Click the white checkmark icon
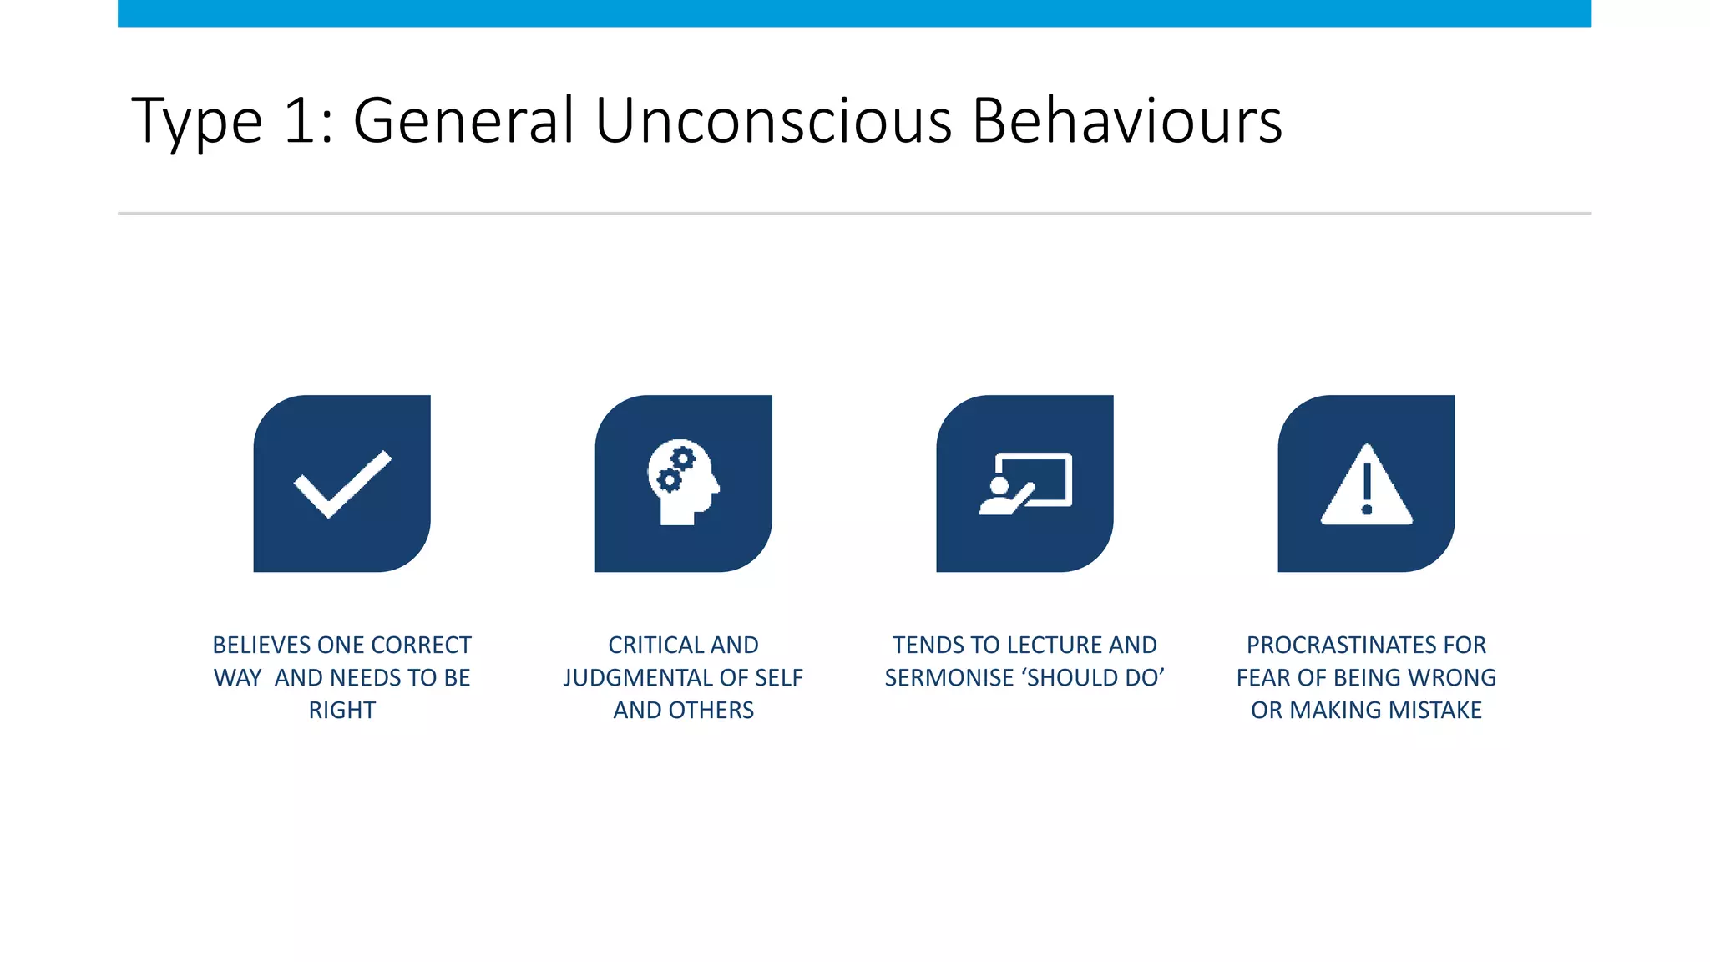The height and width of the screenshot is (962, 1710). (342, 484)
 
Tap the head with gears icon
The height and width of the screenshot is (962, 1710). (683, 482)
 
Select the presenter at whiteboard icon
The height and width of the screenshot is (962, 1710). (1025, 484)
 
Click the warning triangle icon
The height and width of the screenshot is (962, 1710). (1366, 486)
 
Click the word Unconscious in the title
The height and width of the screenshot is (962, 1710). (773, 121)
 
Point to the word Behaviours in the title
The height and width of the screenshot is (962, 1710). (1127, 121)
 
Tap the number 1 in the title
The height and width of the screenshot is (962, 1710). (299, 121)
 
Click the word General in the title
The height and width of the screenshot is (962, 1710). (463, 121)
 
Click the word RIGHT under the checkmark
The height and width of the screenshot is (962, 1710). (342, 711)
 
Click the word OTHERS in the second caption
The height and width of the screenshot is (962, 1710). (711, 711)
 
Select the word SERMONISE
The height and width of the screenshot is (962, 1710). (949, 678)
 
